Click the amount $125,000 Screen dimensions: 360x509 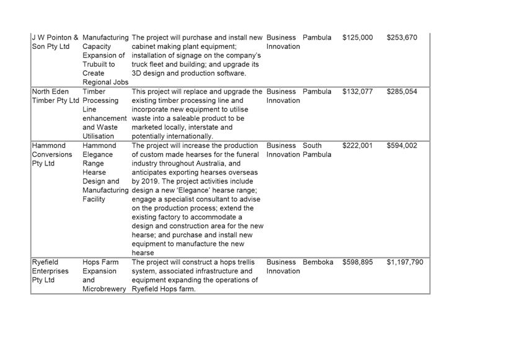[x=357, y=38]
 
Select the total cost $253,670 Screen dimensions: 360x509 [x=402, y=38]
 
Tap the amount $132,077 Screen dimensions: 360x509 [x=357, y=92]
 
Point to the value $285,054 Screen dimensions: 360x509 [x=402, y=92]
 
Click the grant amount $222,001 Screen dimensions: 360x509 [x=357, y=146]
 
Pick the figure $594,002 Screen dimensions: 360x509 [x=402, y=146]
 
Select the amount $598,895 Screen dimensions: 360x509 [x=357, y=262]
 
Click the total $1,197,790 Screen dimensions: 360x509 [x=405, y=262]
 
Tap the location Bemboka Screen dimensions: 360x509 [x=318, y=262]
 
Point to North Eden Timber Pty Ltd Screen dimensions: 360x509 [x=55, y=96]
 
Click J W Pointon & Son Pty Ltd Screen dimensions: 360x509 [x=55, y=42]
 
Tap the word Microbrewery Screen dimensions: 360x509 [x=105, y=289]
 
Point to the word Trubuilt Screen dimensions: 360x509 [x=98, y=64]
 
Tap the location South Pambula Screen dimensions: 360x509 [x=317, y=150]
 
